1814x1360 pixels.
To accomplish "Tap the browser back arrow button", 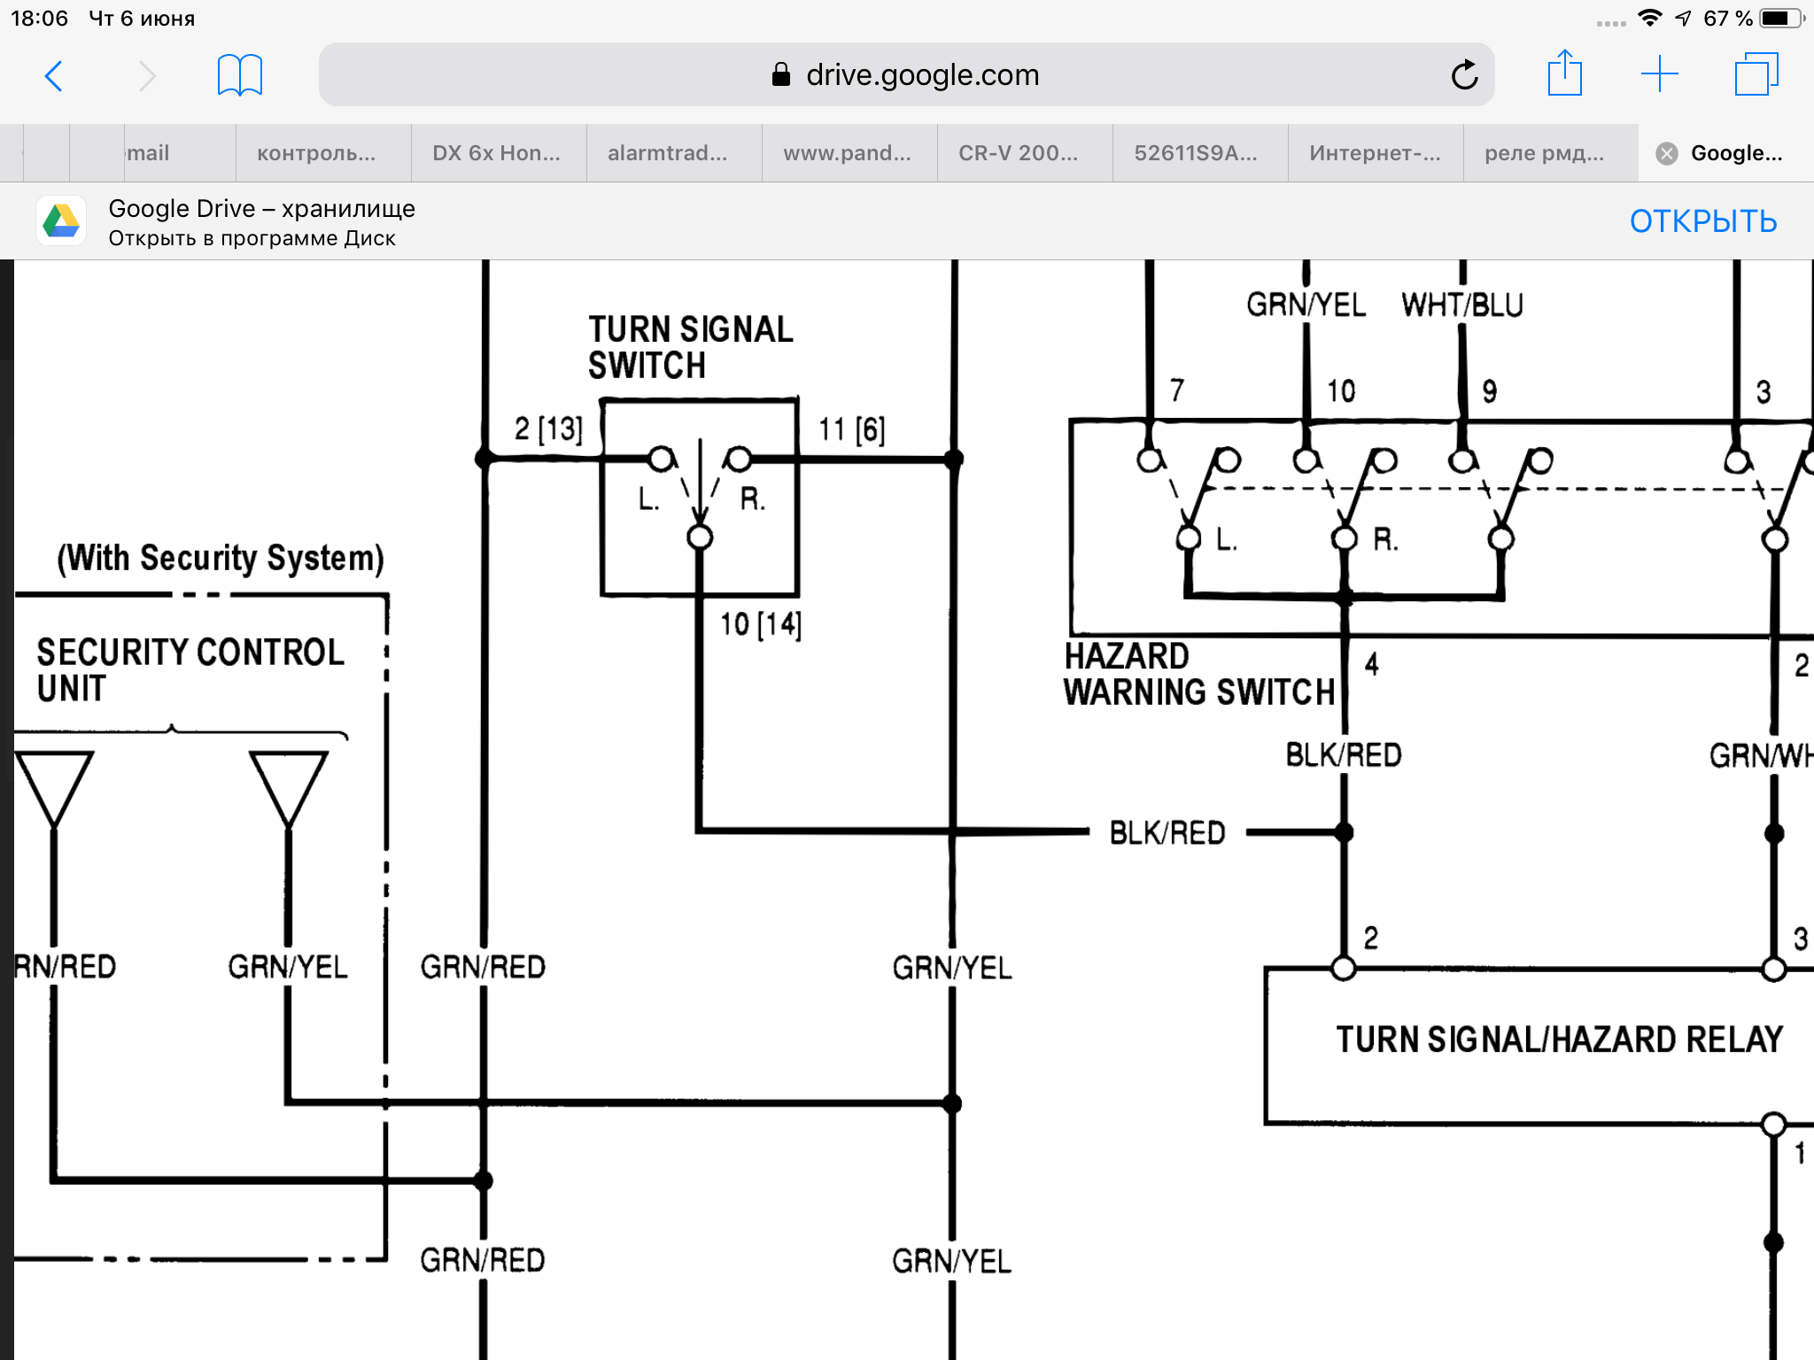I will [54, 76].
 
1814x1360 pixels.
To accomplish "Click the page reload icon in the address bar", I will [1464, 75].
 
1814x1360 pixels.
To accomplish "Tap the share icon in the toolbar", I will [1564, 73].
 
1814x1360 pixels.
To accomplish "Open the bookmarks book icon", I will [239, 75].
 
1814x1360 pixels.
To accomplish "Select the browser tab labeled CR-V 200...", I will [1018, 153].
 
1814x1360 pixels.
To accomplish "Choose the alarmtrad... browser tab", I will [667, 153].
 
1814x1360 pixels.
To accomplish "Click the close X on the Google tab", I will [1666, 153].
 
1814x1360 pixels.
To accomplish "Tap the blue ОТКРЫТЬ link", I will [1702, 221].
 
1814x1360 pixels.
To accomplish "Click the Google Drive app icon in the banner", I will [61, 221].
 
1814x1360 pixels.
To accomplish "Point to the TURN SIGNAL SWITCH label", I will [690, 347].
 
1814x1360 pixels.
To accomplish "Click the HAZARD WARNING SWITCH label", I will [1198, 675].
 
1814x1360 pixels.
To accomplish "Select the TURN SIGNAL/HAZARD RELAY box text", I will [1559, 1039].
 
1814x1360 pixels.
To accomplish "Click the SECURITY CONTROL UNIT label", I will [190, 670].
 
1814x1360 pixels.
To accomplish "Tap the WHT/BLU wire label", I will [1461, 305].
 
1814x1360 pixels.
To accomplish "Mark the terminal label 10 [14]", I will [760, 624].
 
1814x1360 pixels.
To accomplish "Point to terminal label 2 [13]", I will [548, 429].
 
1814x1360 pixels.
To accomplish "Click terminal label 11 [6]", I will [851, 430].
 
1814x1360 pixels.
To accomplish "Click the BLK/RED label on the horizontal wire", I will [1167, 833].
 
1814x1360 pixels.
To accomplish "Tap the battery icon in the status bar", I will [1779, 19].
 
